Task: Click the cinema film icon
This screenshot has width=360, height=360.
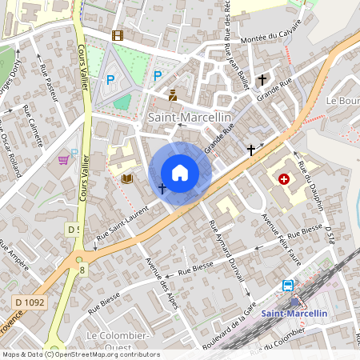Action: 118,35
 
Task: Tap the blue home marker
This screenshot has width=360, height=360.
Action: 180,173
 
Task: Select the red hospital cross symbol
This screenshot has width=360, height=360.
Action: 283,179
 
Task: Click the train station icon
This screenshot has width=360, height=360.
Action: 287,286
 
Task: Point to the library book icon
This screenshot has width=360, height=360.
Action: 126,178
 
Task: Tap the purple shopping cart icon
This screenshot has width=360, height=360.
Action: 63,160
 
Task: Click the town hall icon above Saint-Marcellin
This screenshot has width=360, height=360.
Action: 172,95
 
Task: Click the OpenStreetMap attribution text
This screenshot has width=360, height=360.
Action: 80,354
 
